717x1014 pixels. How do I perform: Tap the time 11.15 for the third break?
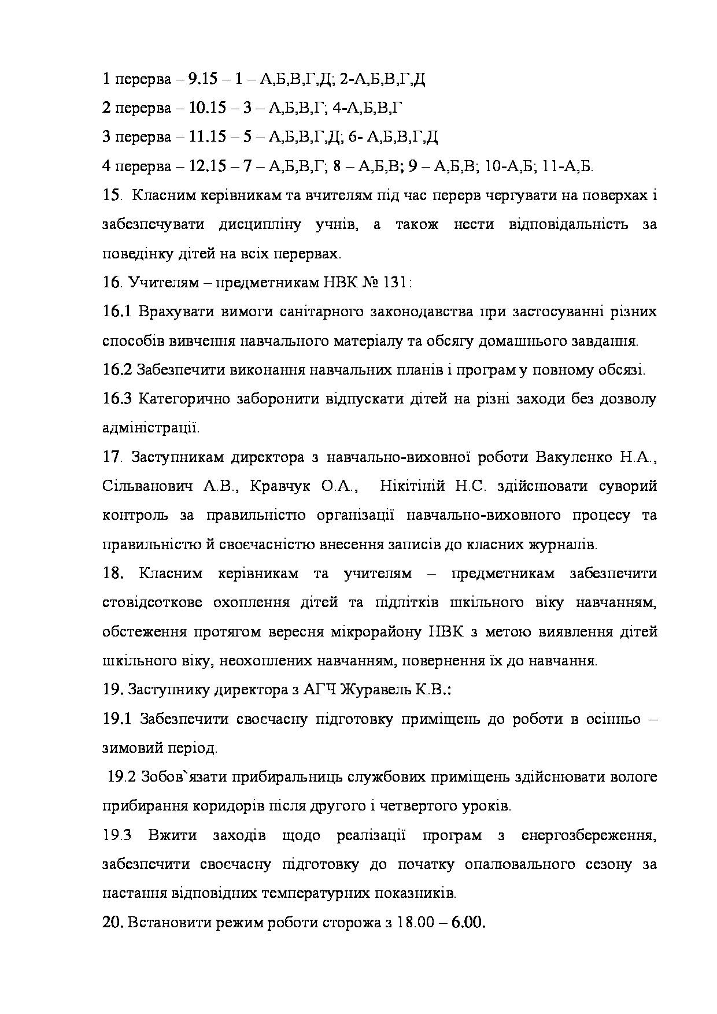click(x=206, y=137)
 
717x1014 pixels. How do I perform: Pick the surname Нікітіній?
click(x=412, y=486)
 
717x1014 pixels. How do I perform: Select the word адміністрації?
click(x=150, y=428)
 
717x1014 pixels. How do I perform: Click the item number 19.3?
click(x=117, y=835)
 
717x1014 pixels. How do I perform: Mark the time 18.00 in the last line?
click(x=415, y=922)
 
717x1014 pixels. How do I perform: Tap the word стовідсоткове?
click(x=152, y=602)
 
